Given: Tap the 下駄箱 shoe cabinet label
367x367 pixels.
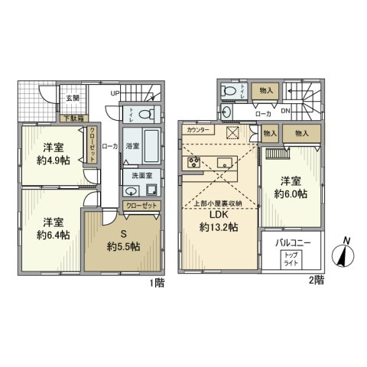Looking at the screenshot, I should pyautogui.click(x=73, y=118).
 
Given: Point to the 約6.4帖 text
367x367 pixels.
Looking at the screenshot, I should pyautogui.click(x=52, y=235).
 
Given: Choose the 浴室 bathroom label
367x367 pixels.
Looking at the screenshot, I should pyautogui.click(x=132, y=145).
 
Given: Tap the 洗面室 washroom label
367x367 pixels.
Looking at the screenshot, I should pyautogui.click(x=138, y=176).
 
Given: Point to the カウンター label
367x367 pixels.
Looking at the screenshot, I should pyautogui.click(x=196, y=131).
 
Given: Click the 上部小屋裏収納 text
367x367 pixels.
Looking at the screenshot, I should pyautogui.click(x=219, y=203).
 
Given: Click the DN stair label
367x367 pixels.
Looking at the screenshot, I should pyautogui.click(x=284, y=112).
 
